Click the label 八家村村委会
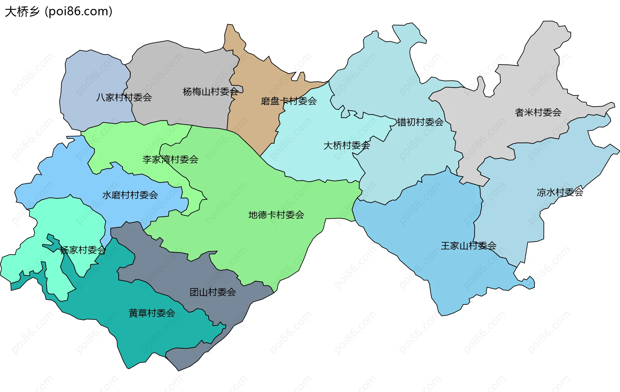point(124,97)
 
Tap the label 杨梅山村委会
point(211,92)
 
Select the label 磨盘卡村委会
point(289,101)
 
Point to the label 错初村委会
point(420,122)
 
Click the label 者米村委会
point(538,112)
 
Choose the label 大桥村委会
point(346,146)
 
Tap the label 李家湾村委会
point(170,159)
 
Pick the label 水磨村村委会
point(130,195)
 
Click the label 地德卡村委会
point(276,215)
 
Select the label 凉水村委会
point(560,192)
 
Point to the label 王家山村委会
point(469,246)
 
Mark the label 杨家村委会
point(83,250)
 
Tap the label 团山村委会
point(213,292)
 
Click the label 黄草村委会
point(152,313)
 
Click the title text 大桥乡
point(22,12)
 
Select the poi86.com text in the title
point(79,12)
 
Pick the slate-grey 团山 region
point(181,268)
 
